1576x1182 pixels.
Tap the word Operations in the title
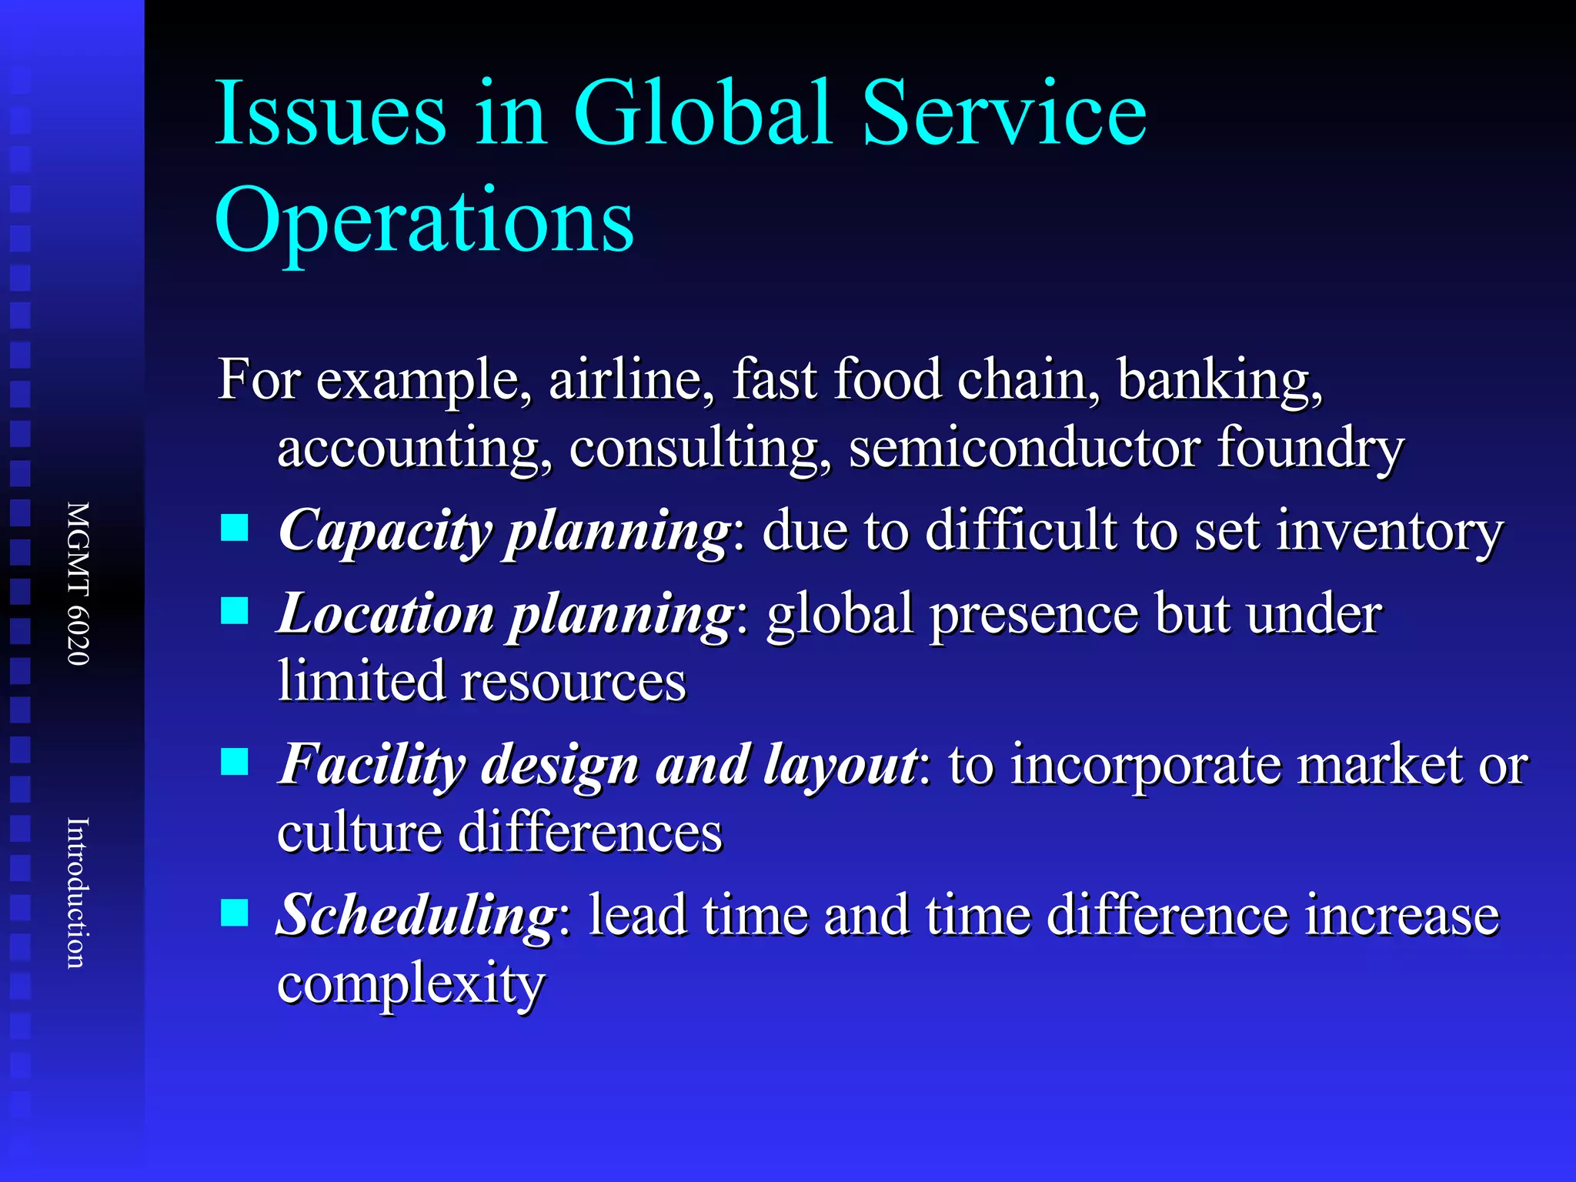pos(424,222)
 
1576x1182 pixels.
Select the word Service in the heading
pos(1003,113)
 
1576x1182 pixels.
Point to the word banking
pos(1220,381)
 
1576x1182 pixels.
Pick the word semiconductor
pos(1023,448)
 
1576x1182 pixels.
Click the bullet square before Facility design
pos(235,762)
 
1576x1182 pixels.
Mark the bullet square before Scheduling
pos(235,913)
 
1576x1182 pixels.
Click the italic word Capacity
pos(384,532)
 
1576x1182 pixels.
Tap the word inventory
pos(1389,532)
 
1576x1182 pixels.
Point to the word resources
pos(573,682)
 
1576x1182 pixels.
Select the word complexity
pos(411,985)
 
